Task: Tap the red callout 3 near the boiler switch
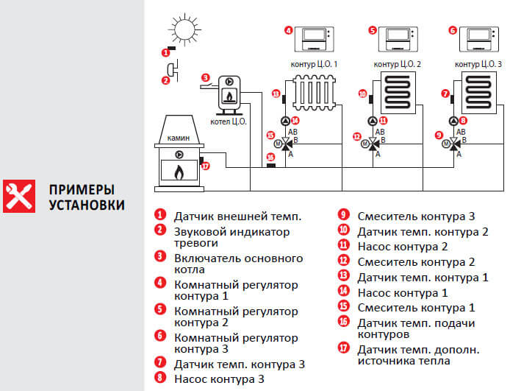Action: click(206, 77)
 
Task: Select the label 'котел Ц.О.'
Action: click(229, 121)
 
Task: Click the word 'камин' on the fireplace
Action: click(178, 138)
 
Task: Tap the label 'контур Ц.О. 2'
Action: click(398, 65)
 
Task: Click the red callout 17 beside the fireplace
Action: click(205, 166)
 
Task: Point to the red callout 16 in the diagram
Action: click(270, 157)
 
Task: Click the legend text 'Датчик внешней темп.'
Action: click(237, 216)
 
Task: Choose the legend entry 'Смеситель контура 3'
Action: click(415, 216)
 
